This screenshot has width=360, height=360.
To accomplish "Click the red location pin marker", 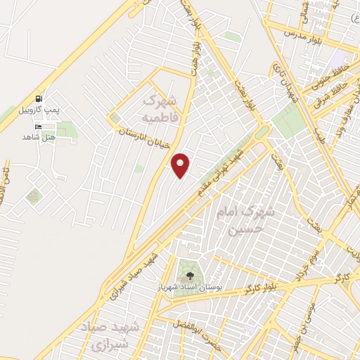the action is pos(181,166).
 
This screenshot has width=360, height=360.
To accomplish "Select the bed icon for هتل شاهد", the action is pos(37,127).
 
